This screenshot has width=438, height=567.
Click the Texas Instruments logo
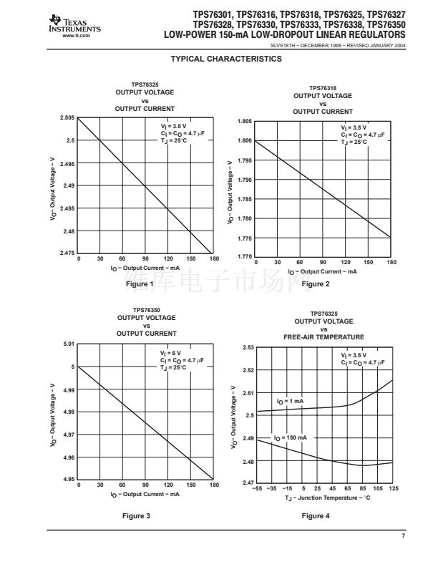click(74, 27)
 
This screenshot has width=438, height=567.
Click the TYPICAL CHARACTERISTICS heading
click(219, 59)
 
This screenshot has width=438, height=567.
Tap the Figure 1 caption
click(140, 284)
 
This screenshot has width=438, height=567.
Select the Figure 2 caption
click(316, 284)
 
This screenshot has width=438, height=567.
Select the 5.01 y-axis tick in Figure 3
click(68, 344)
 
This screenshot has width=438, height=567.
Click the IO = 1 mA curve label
click(290, 401)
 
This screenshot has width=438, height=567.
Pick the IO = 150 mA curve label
click(291, 437)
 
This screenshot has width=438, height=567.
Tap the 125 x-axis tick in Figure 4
click(393, 488)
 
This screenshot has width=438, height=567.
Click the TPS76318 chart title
click(323, 88)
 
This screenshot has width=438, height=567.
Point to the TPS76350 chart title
click(146, 310)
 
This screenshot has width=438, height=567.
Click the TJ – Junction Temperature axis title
click(326, 497)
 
